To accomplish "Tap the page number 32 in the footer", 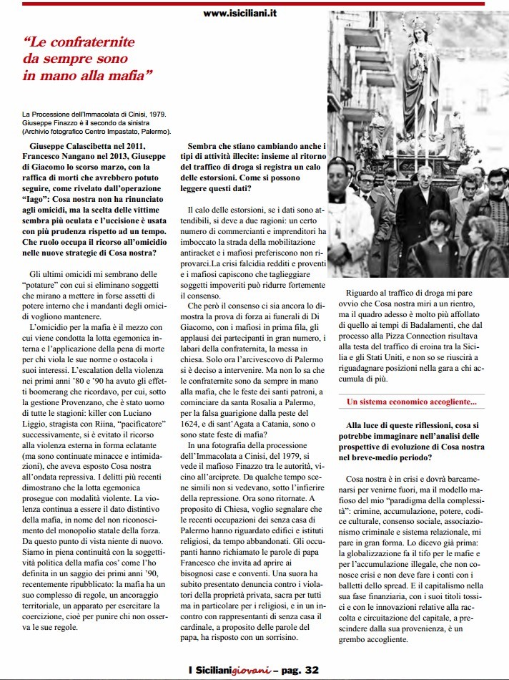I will click(x=311, y=670).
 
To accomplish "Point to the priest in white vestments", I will click(x=345, y=215).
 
